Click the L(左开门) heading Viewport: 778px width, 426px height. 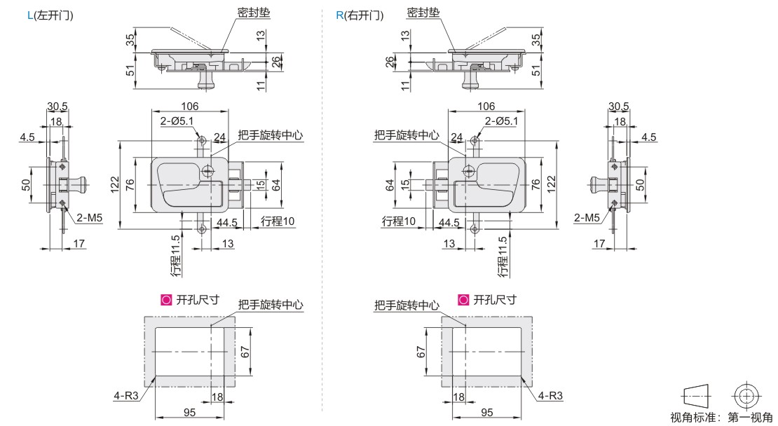(x=50, y=15)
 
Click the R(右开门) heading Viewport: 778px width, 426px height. (x=360, y=15)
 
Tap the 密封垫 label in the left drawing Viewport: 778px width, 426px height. (x=254, y=13)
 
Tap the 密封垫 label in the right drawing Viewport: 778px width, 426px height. (x=423, y=13)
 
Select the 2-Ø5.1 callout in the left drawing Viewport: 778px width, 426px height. (x=177, y=121)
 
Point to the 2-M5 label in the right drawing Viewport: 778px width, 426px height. (x=587, y=218)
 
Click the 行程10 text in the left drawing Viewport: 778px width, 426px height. (x=278, y=221)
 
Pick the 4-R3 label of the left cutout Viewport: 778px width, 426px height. (x=126, y=396)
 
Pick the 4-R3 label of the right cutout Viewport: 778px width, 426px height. (x=550, y=396)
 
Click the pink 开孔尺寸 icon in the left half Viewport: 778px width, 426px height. (x=166, y=300)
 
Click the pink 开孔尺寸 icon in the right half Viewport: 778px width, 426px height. (x=463, y=300)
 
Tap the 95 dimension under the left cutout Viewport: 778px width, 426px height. (x=189, y=413)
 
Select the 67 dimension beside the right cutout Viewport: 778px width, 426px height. (x=421, y=352)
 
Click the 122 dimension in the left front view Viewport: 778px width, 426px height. (x=115, y=186)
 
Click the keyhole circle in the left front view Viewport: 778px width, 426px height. (x=208, y=172)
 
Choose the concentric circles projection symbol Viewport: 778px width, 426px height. (x=746, y=397)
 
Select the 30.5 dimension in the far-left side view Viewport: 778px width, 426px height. (x=57, y=106)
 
